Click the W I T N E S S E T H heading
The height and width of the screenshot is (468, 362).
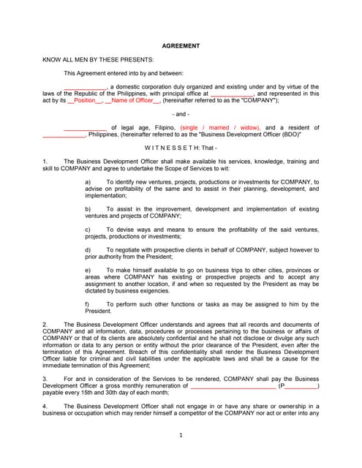(x=180, y=148)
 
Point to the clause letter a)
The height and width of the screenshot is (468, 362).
(x=88, y=181)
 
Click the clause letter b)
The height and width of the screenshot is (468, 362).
(x=88, y=209)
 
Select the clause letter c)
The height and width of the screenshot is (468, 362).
(x=88, y=230)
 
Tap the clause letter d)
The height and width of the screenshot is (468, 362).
(x=88, y=250)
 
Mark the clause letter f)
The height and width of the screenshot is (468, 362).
(x=88, y=303)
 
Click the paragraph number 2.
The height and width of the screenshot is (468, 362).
(x=45, y=324)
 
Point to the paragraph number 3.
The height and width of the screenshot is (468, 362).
(x=45, y=378)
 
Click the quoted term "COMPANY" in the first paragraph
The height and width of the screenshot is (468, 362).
(x=260, y=100)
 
